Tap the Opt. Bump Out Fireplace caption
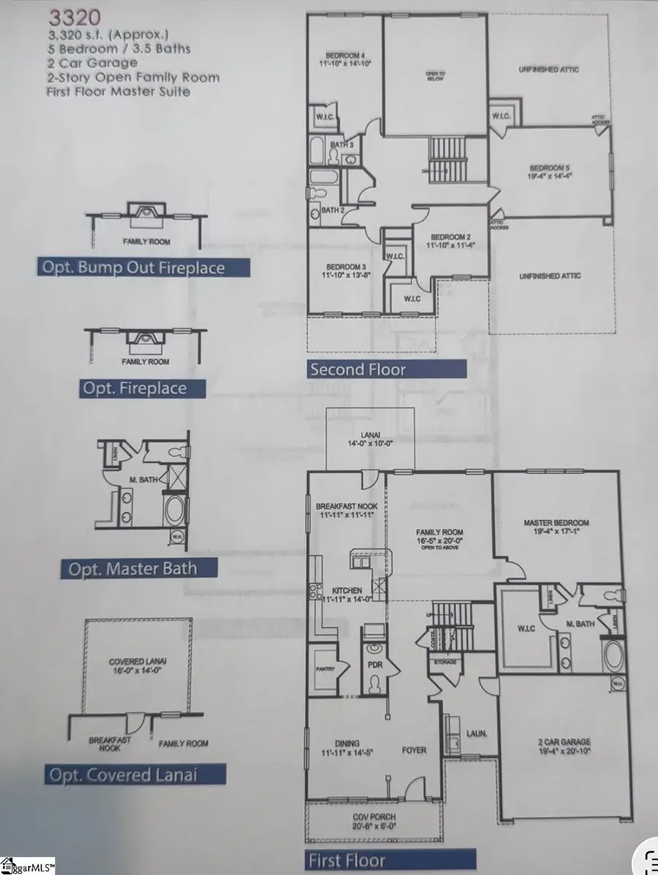tap(143, 268)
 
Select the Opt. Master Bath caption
tap(132, 568)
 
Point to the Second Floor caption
tap(358, 368)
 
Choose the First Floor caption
tap(347, 860)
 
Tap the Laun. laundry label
tap(477, 732)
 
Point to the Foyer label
tap(414, 750)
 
